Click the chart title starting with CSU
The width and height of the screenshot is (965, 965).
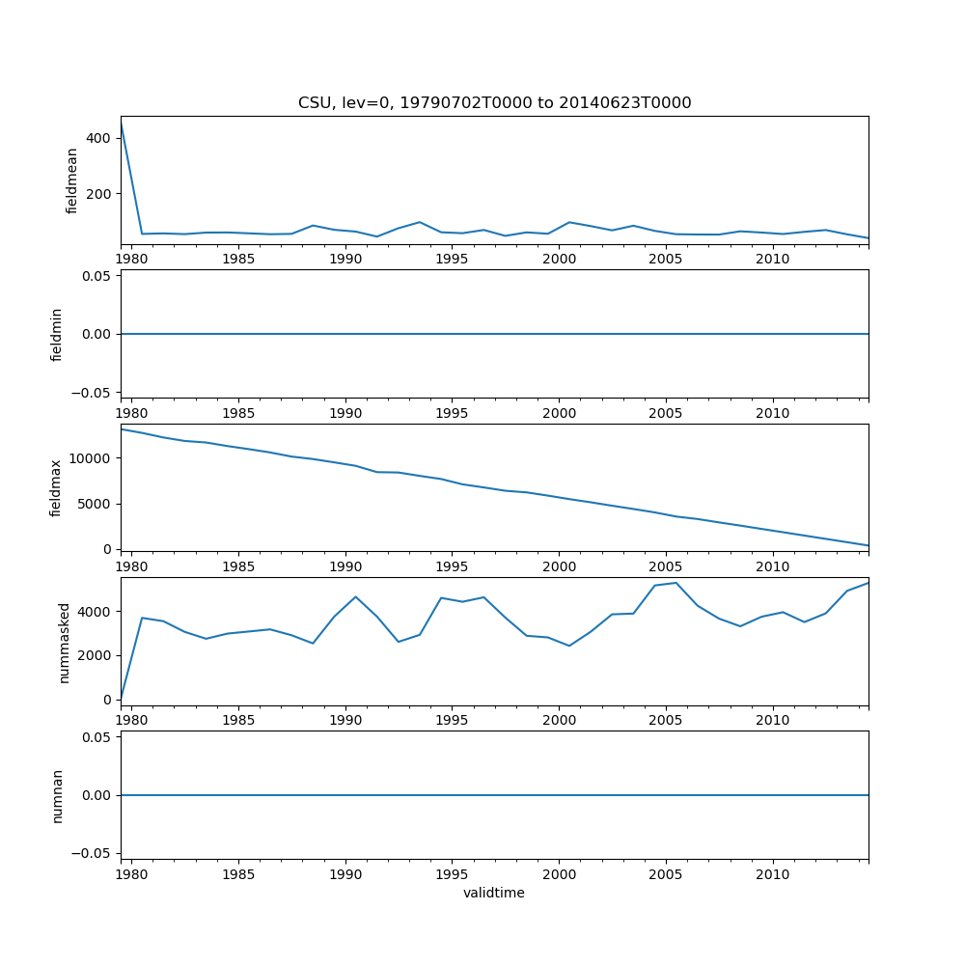(494, 103)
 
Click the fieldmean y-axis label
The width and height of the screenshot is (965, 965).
(72, 180)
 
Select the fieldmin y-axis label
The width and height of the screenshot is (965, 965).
(57, 334)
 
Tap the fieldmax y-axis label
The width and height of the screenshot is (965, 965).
(57, 487)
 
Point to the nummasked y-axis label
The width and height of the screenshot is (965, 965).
(65, 642)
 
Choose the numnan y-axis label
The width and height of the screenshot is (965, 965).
(57, 795)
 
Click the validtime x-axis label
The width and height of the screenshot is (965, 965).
(494, 894)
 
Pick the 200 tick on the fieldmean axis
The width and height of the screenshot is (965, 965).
(99, 194)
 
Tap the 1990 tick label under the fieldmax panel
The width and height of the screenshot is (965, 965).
(345, 567)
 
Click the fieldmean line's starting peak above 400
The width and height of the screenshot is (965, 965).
(122, 123)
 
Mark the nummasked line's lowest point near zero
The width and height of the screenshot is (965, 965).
(122, 698)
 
